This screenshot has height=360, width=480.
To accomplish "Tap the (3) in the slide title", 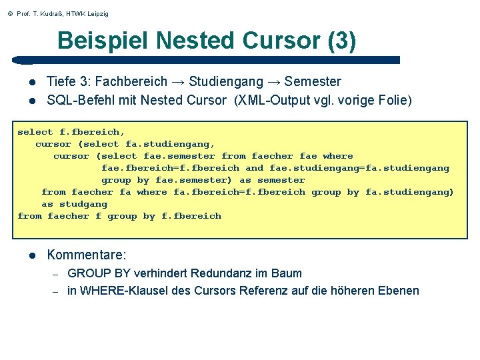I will point(341,41).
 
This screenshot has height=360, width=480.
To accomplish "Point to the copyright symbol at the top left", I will point(9,14).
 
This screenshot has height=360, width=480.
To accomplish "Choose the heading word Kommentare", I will point(87,255).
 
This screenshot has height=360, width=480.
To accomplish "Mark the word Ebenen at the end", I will point(398,291).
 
